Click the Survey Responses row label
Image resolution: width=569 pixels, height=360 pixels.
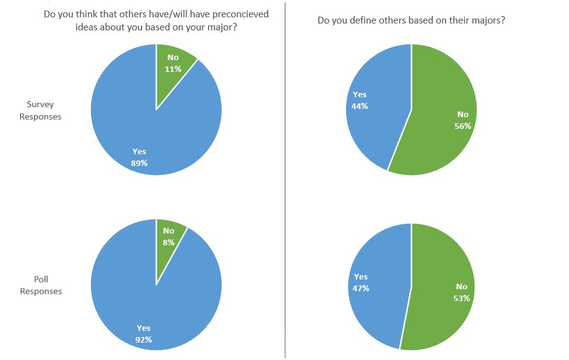click(x=40, y=111)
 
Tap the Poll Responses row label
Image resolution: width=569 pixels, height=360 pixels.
click(x=41, y=286)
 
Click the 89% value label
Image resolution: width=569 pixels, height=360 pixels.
click(x=139, y=163)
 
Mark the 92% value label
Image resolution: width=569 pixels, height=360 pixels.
click(x=143, y=339)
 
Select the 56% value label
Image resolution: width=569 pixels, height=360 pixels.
click(x=463, y=126)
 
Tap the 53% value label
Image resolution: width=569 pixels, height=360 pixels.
click(x=462, y=298)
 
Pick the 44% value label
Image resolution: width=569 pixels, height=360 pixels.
click(x=360, y=106)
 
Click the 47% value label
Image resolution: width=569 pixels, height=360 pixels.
click(x=360, y=288)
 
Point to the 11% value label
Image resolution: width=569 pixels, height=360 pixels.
click(x=173, y=69)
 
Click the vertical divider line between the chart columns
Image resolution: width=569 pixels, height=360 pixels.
click(x=285, y=180)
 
